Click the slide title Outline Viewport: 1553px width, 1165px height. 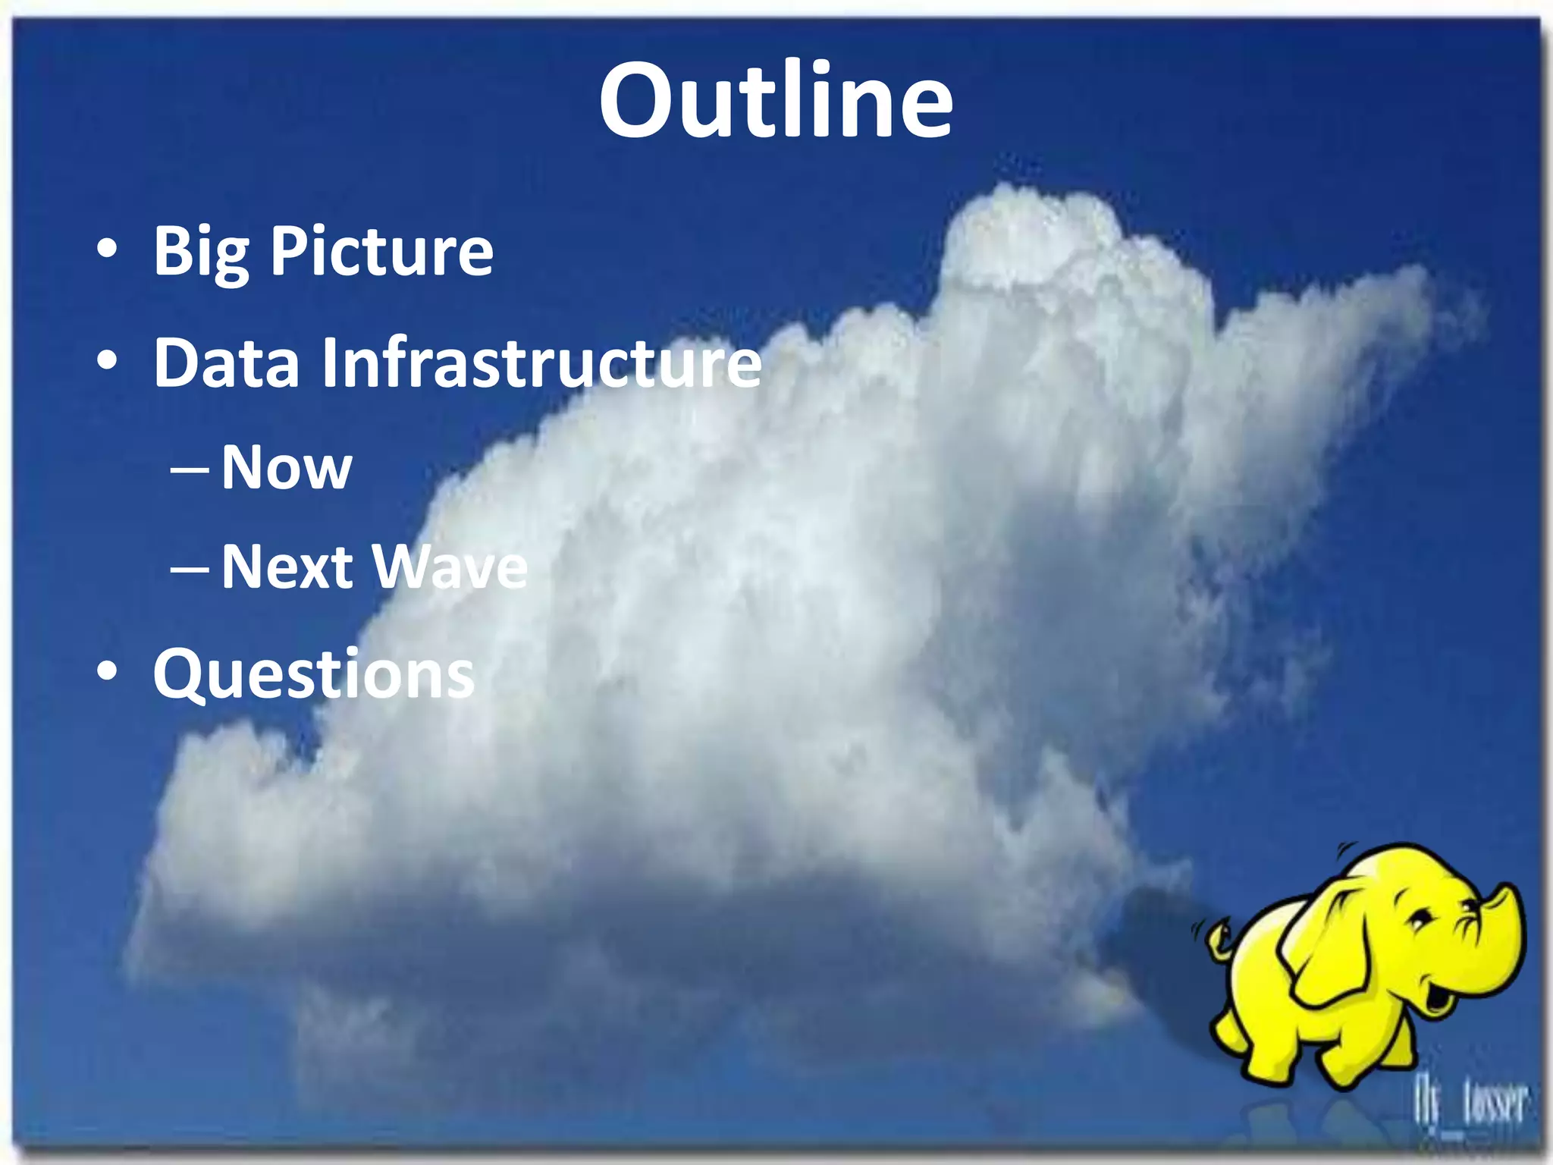[x=775, y=101]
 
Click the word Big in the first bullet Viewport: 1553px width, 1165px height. [x=201, y=253]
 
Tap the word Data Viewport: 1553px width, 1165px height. [x=226, y=363]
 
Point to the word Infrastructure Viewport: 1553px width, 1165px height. [x=541, y=363]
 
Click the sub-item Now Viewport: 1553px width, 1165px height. [x=287, y=468]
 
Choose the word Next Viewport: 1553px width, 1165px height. [x=287, y=567]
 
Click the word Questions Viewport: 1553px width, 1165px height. [x=313, y=674]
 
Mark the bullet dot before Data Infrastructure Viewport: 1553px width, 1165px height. [x=107, y=361]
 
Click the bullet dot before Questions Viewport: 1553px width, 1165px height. [x=107, y=671]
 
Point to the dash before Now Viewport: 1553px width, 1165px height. [x=189, y=470]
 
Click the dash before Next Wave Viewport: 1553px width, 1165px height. [x=189, y=570]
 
